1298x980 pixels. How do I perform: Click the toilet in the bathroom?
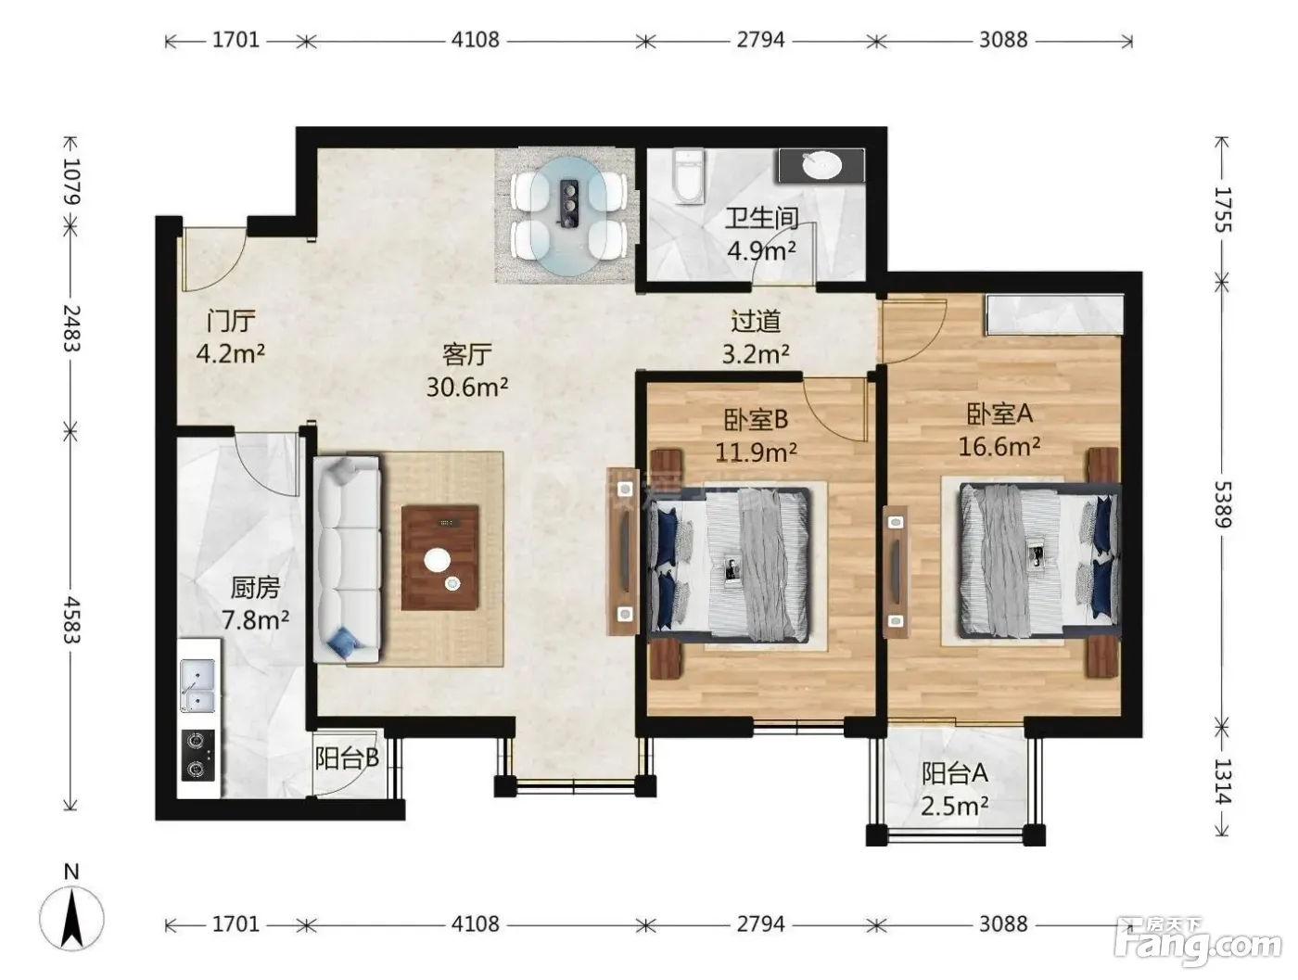(x=688, y=176)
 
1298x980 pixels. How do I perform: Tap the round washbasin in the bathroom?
(x=821, y=165)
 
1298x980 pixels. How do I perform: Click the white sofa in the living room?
(x=347, y=559)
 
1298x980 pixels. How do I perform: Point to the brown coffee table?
(x=439, y=557)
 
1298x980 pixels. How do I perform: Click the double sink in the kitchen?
(x=197, y=685)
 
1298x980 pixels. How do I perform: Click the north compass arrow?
(x=72, y=919)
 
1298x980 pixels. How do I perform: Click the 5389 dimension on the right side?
(x=1222, y=504)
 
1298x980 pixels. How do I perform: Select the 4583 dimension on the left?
(x=71, y=619)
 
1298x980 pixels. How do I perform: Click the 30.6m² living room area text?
(x=467, y=388)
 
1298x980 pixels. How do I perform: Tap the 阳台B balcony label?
(x=347, y=758)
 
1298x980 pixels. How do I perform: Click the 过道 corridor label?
(x=755, y=322)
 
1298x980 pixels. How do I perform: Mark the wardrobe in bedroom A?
(x=1054, y=315)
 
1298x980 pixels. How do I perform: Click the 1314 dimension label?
(x=1222, y=782)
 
